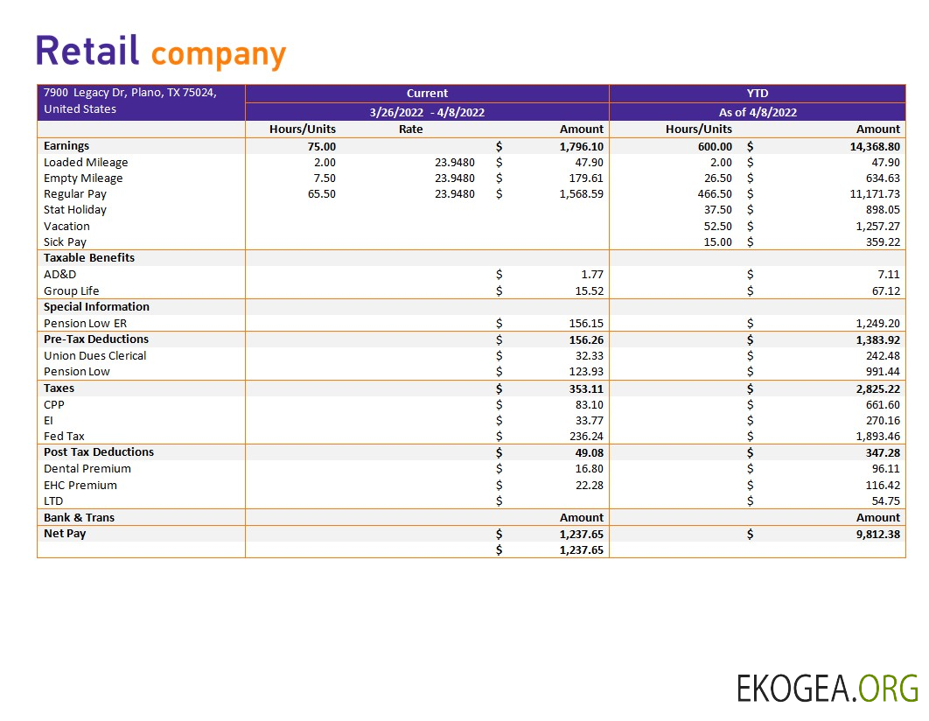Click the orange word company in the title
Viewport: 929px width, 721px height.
point(218,54)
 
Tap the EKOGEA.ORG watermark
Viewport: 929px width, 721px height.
point(827,689)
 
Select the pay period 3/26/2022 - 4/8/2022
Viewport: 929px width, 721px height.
point(427,112)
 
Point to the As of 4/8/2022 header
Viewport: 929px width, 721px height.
point(757,112)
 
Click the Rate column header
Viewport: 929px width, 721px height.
point(410,129)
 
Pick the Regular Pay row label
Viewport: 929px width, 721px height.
point(75,194)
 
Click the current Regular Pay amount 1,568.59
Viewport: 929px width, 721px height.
point(582,194)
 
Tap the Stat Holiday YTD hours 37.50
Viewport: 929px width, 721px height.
point(717,210)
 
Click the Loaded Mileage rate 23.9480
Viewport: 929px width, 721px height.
point(455,162)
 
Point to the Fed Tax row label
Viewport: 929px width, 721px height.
point(64,436)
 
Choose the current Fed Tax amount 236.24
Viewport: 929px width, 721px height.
point(586,436)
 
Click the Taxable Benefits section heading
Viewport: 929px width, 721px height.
point(89,258)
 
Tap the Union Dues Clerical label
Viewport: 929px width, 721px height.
point(95,355)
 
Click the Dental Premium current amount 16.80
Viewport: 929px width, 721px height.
point(589,468)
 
